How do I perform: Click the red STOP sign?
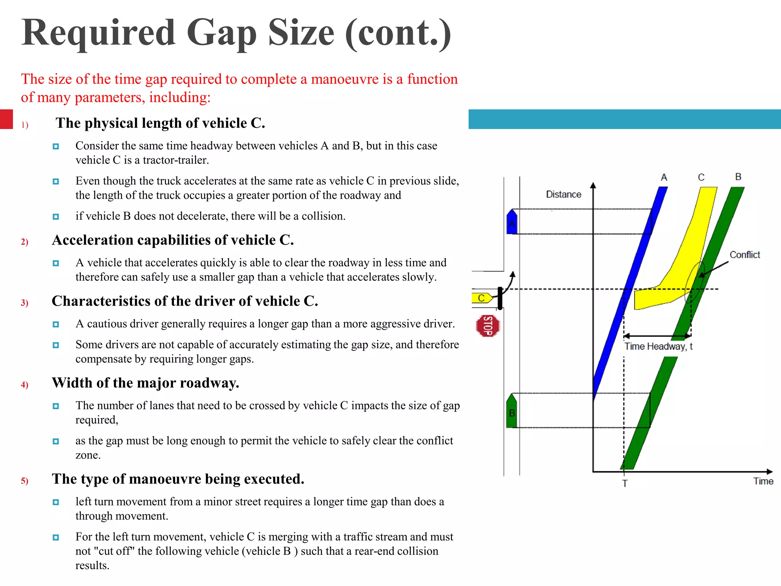click(488, 326)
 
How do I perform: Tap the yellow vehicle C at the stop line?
click(482, 298)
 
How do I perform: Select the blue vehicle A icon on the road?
click(512, 222)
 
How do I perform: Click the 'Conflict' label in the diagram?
click(744, 255)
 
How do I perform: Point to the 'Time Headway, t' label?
click(658, 346)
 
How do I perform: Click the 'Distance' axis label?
click(563, 195)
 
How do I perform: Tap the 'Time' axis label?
click(763, 481)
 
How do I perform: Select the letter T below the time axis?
click(625, 483)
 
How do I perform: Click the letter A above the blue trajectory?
click(664, 177)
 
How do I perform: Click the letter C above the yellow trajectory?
click(701, 177)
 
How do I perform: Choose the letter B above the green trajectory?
click(738, 177)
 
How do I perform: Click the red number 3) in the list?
click(24, 303)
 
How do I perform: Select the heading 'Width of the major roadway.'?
click(145, 383)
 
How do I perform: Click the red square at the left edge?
click(6, 119)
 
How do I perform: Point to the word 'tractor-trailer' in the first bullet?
click(175, 160)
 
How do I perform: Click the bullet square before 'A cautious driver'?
click(56, 324)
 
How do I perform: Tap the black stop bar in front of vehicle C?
click(500, 298)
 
